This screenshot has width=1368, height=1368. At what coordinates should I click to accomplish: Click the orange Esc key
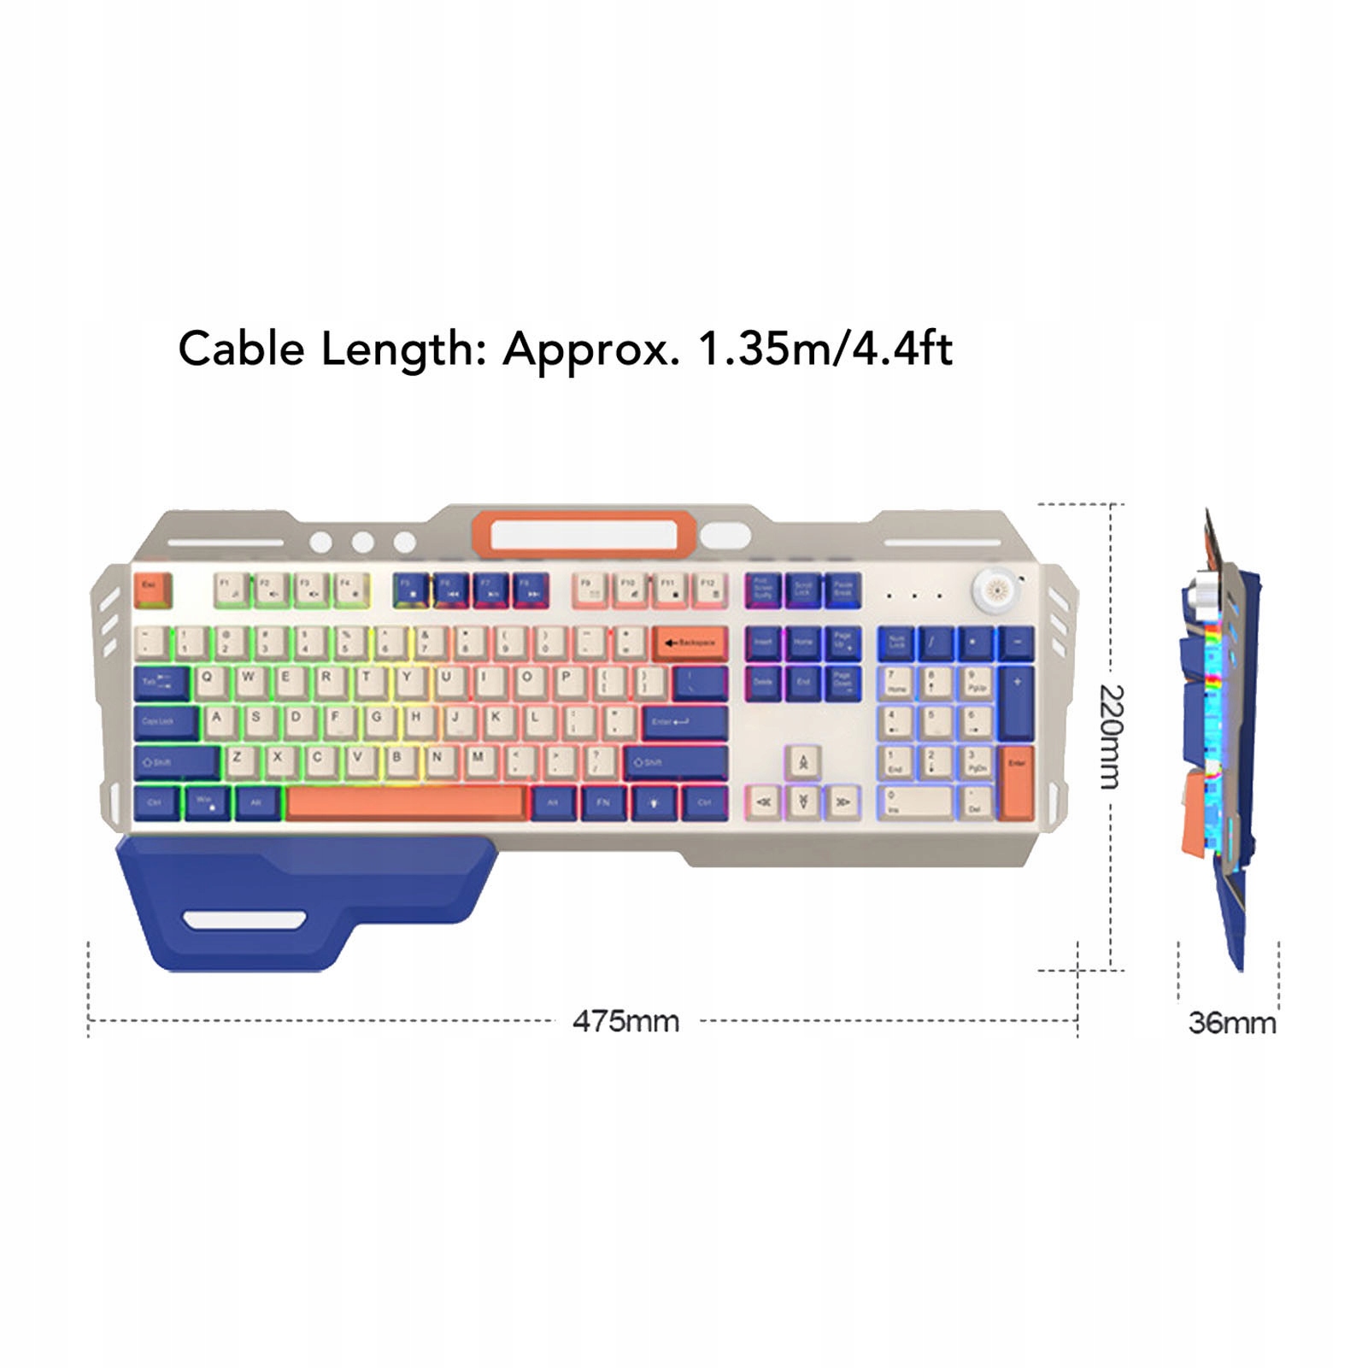[x=153, y=588]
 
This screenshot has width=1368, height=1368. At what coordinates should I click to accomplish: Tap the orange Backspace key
[x=690, y=643]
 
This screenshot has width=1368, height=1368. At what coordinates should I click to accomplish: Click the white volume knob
[x=995, y=589]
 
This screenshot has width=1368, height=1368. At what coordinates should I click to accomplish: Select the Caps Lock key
[x=164, y=721]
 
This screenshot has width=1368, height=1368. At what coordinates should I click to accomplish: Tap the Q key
[x=208, y=680]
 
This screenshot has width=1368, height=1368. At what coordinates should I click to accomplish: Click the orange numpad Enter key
[x=1016, y=780]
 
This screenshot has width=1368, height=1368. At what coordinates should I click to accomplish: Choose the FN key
[x=603, y=802]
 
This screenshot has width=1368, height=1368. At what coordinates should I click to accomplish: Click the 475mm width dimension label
[x=625, y=1021]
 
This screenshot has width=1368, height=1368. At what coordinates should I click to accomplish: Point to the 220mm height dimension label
[x=1111, y=737]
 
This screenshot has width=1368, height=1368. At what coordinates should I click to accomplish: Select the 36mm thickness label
[x=1231, y=1023]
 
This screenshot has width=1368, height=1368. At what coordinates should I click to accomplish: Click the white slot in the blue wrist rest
[x=244, y=920]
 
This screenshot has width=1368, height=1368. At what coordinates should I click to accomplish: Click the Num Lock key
[x=896, y=642]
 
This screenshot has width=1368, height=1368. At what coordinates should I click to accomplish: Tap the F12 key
[x=708, y=588]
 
